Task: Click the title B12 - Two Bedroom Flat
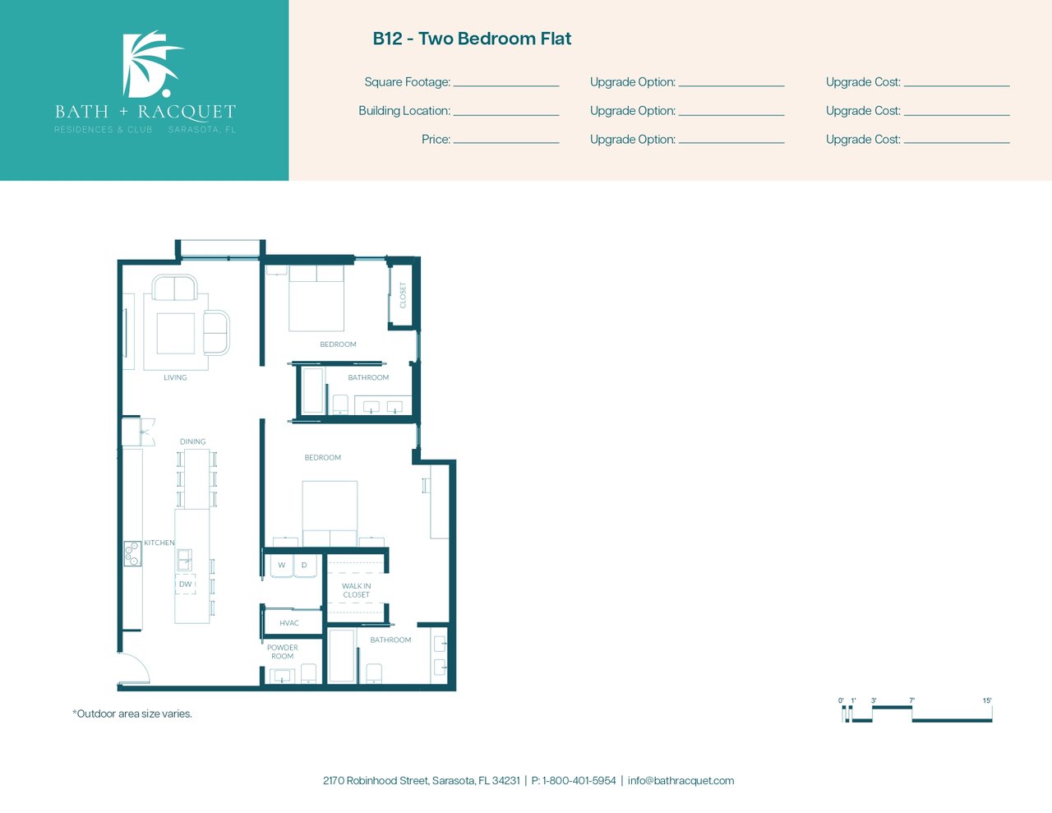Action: pos(472,39)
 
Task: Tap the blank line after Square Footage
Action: pos(506,85)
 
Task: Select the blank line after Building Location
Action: pos(506,115)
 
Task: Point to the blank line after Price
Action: pos(506,143)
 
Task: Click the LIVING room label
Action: pos(175,377)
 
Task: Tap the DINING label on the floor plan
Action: pos(192,441)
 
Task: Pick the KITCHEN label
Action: pos(159,543)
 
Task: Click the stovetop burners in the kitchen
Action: pos(132,553)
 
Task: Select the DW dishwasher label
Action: pos(186,584)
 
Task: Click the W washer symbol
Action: pos(281,565)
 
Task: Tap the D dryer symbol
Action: pos(305,565)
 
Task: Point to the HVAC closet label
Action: pos(289,623)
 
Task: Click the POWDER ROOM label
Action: pos(283,652)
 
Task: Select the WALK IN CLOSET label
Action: pos(357,590)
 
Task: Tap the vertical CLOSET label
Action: pos(403,295)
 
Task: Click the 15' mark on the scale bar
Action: pos(987,700)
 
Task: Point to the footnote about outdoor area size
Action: pos(132,714)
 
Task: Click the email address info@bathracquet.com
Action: pos(681,780)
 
